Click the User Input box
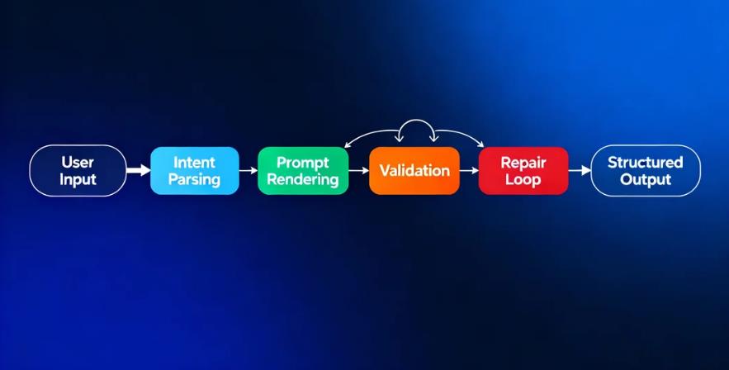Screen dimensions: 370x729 tap(78, 170)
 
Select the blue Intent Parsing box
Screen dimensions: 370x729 tap(194, 170)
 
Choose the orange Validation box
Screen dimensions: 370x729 tap(414, 171)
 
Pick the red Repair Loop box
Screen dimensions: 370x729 tap(523, 171)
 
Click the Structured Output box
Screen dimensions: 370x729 tap(646, 170)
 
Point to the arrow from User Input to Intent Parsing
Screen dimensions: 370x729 tap(139, 170)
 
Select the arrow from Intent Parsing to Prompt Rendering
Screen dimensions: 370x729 tap(249, 170)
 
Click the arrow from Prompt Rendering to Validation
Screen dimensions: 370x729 tap(357, 170)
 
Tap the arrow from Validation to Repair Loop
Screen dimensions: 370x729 tap(469, 171)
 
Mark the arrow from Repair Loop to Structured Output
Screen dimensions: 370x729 tap(580, 171)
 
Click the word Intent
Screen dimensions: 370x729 tap(194, 162)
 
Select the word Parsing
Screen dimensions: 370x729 tap(194, 179)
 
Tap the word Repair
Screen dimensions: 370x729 tap(523, 162)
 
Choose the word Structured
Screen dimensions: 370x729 tap(646, 162)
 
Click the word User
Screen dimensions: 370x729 tap(78, 162)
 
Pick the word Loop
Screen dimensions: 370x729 tap(523, 179)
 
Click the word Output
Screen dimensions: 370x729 tap(646, 179)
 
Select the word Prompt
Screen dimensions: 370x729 tap(302, 162)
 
